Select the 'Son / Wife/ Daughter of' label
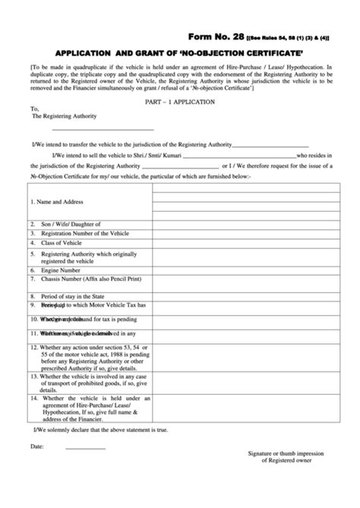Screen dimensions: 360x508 pos(65,223)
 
